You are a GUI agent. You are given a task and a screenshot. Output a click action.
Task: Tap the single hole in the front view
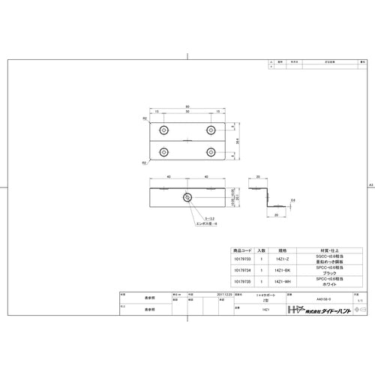[x=187, y=198]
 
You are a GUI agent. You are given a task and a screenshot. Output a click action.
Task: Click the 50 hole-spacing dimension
[x=187, y=112]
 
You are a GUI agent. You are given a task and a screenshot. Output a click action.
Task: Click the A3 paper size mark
[x=370, y=184]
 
